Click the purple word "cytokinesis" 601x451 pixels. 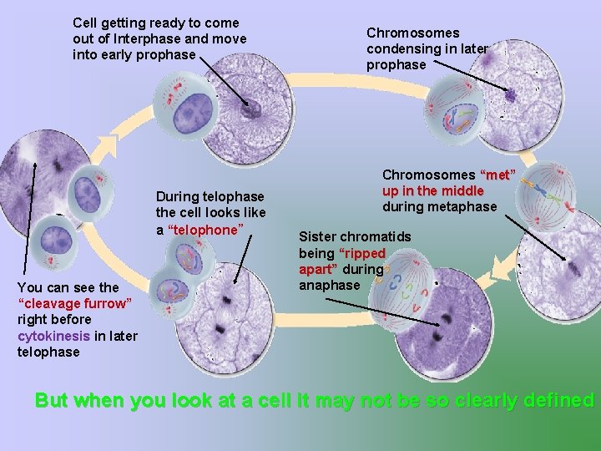click(53, 336)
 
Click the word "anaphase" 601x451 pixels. click(330, 285)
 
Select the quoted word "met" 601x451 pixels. click(498, 175)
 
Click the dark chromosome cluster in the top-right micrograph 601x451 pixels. click(510, 94)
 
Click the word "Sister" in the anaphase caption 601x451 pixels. click(318, 236)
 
